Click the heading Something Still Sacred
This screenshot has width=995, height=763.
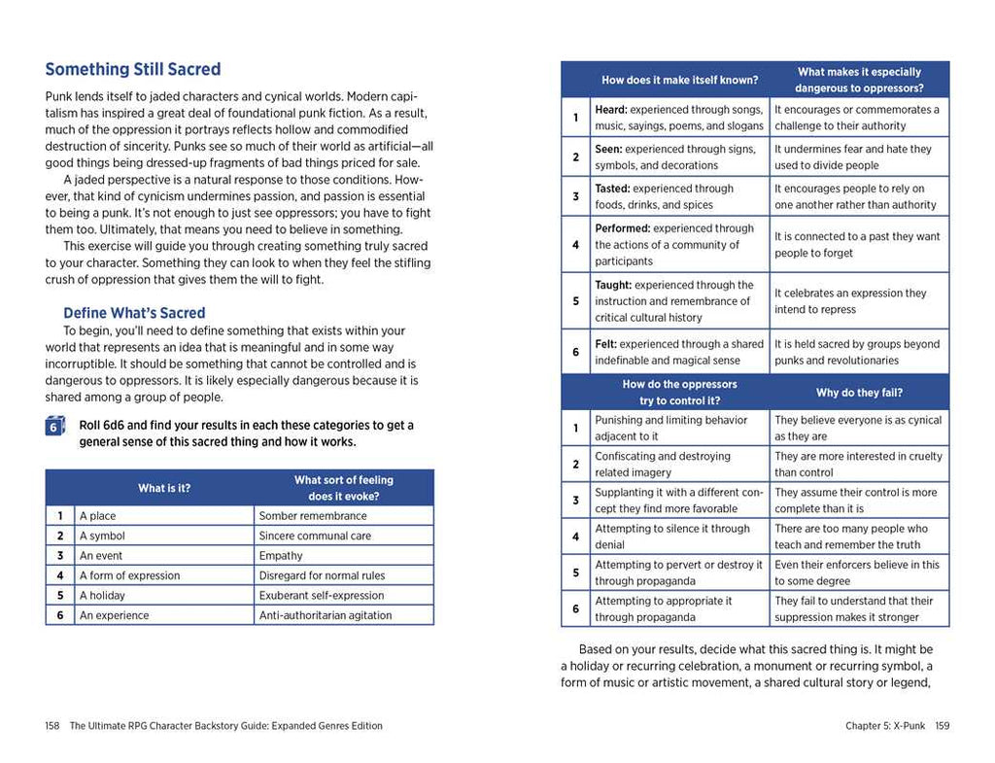[x=133, y=70]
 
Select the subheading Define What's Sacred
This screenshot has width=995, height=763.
[x=134, y=313]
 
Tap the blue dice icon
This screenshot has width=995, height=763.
[x=55, y=427]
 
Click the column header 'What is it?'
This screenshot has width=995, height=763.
[x=164, y=488]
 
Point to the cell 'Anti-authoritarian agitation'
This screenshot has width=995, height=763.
[x=326, y=615]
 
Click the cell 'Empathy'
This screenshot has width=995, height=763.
[x=281, y=556]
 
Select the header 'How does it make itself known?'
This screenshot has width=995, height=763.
[x=680, y=80]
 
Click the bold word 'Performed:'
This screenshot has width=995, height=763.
[x=623, y=228]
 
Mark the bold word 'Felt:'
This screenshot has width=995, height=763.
[x=605, y=344]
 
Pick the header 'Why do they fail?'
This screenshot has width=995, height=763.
[x=859, y=393]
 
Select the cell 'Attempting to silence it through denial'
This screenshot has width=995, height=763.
[x=672, y=537]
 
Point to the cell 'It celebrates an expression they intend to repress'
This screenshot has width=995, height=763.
[x=850, y=301]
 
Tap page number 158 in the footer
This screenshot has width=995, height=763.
[x=52, y=726]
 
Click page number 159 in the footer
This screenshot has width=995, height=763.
[x=942, y=726]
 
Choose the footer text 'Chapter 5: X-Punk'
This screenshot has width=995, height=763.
[x=885, y=726]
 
